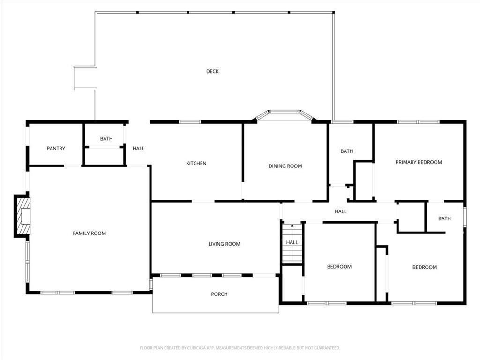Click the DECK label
[212, 72]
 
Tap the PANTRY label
[56, 149]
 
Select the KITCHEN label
[196, 164]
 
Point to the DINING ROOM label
[285, 166]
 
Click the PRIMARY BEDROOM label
[419, 163]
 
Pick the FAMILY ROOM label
[89, 233]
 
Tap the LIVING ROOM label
[224, 244]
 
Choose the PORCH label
[219, 294]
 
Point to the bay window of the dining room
[284, 112]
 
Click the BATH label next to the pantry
[106, 139]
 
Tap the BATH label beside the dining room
[347, 151]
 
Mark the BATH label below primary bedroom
[444, 218]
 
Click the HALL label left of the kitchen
[138, 149]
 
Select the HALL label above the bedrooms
[341, 211]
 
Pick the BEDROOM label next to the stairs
[339, 267]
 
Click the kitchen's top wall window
[189, 122]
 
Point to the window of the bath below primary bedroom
[465, 217]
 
